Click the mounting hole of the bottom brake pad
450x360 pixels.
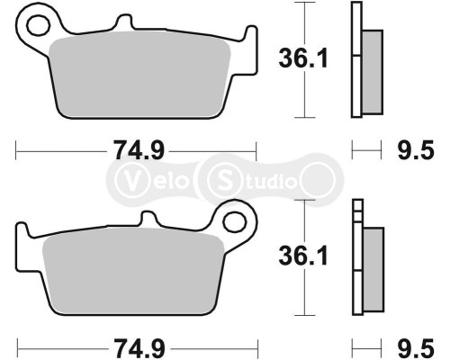pos(237,219)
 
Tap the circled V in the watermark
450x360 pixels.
pos(134,177)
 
